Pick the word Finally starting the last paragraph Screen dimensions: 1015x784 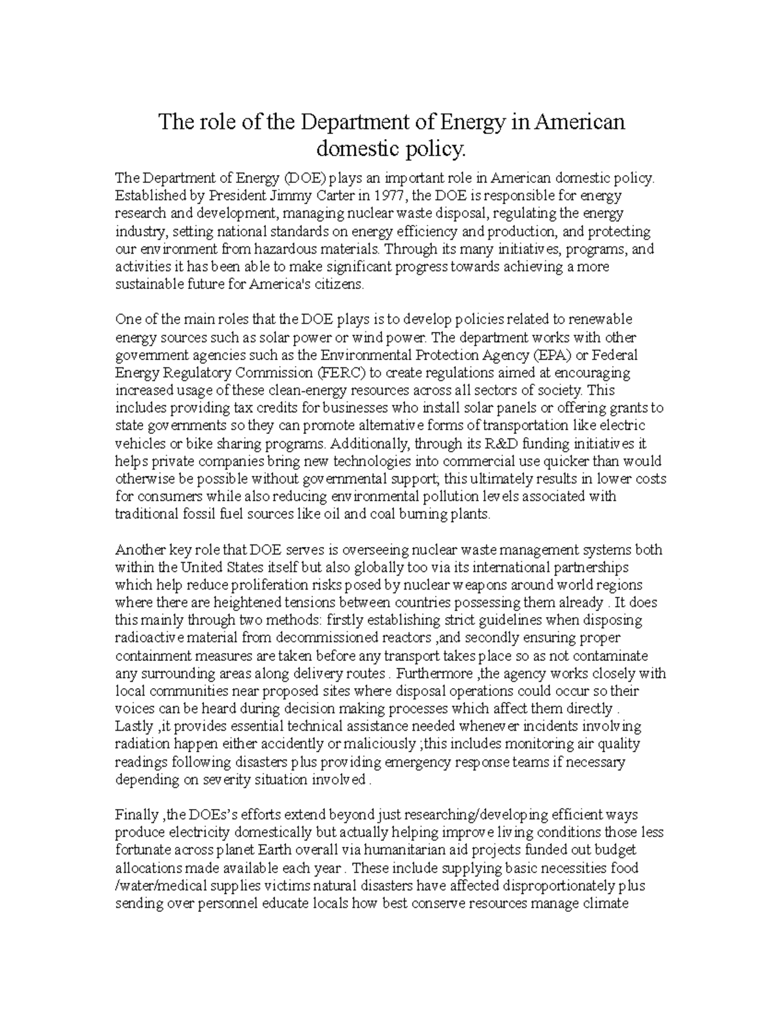point(137,814)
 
